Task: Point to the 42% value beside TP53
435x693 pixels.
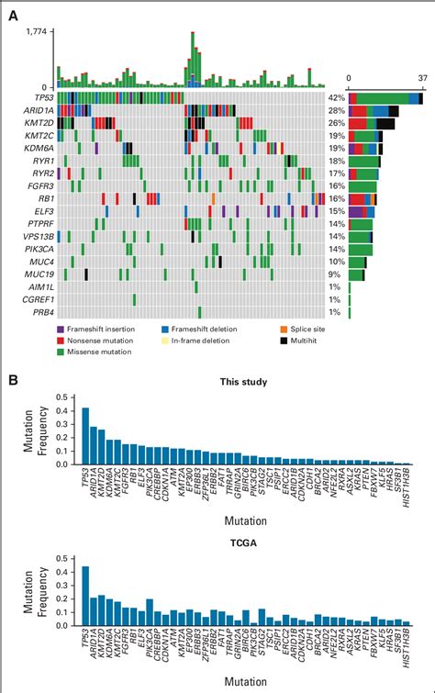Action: pyautogui.click(x=336, y=97)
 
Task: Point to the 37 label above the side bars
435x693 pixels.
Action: pyautogui.click(x=422, y=80)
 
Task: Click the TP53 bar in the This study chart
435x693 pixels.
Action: pyautogui.click(x=85, y=435)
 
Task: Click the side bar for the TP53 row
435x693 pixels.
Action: pyautogui.click(x=385, y=97)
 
